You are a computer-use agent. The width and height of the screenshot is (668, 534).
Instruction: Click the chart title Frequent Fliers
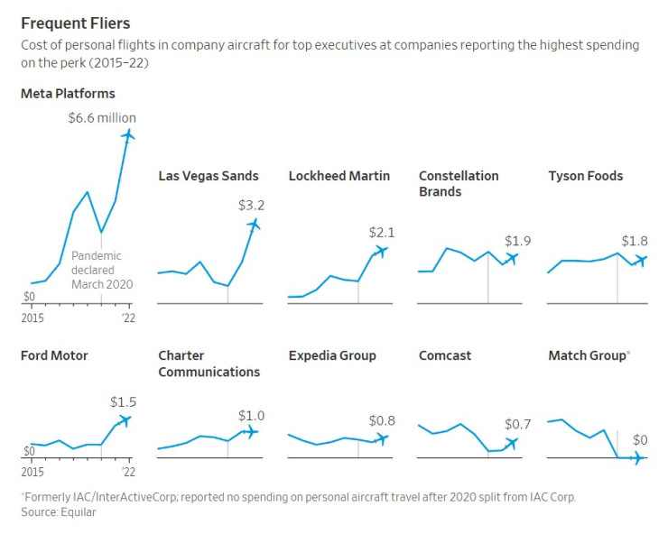74,23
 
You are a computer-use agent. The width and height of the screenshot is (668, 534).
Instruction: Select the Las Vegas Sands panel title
208,176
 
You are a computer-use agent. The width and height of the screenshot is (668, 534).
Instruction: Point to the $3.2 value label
251,205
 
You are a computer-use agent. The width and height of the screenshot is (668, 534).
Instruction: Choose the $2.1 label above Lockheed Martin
382,232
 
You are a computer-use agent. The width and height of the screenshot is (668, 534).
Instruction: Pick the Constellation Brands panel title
459,183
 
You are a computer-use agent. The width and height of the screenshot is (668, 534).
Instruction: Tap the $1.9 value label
517,241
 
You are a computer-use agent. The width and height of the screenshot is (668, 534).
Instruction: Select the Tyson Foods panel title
585,176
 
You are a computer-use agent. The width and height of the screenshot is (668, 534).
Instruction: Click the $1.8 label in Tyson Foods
635,241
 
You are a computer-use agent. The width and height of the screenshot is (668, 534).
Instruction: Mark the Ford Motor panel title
54,355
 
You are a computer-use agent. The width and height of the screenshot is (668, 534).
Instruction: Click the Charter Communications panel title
209,364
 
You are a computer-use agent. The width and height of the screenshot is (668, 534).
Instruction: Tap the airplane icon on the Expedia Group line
382,438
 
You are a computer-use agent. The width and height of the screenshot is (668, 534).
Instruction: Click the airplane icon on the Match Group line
636,458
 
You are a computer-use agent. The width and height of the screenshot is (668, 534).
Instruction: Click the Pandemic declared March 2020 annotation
102,270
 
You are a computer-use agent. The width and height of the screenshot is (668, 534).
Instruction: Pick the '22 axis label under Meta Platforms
128,317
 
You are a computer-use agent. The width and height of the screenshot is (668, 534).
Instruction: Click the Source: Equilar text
58,511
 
